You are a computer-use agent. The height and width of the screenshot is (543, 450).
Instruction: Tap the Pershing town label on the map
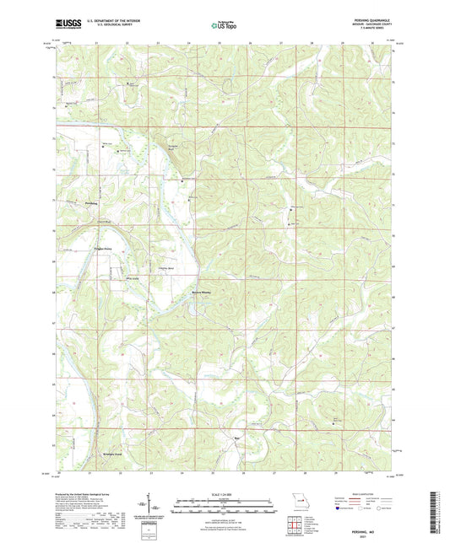click(x=92, y=203)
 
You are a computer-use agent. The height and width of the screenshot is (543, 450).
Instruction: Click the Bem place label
click(x=237, y=438)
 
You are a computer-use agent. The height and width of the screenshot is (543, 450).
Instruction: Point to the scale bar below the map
click(x=224, y=506)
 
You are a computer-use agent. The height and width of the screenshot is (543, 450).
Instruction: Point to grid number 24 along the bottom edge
click(x=182, y=475)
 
